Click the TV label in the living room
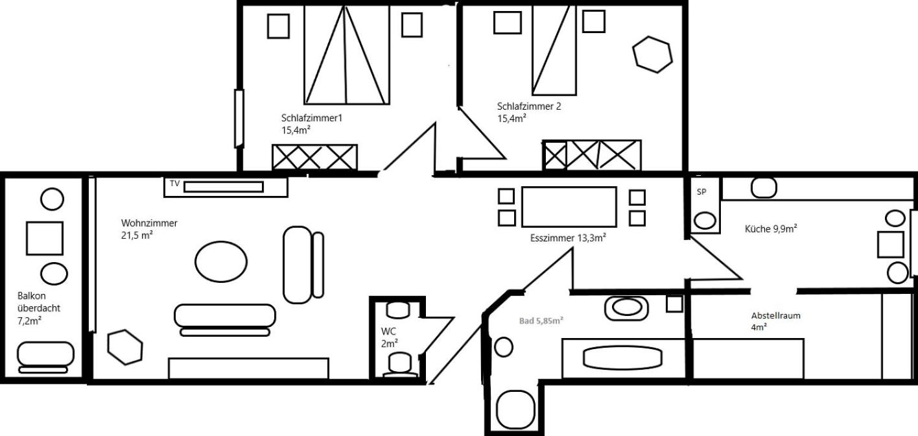point(174,184)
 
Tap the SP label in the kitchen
point(701,191)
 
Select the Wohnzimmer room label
point(149,223)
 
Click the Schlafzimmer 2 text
point(529,106)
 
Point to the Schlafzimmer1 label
point(311,118)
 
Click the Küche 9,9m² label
point(770,228)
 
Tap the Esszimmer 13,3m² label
point(568,238)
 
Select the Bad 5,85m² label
point(541,321)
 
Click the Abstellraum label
point(776,316)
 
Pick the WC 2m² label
point(389,337)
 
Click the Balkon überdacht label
point(38,308)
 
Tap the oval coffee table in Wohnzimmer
point(221,261)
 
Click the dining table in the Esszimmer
point(569,207)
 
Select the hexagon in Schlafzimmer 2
point(652,54)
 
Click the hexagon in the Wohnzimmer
point(125,347)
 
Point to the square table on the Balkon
point(45,238)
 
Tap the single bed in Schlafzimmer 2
point(554,50)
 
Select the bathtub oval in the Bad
point(622,357)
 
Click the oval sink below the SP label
point(705,220)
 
